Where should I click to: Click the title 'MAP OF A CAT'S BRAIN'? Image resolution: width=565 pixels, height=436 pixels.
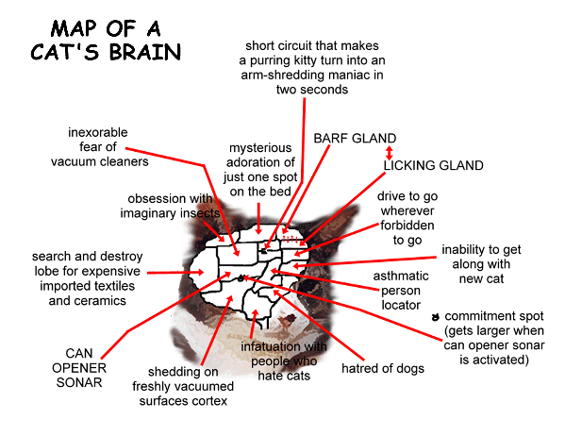point(106,40)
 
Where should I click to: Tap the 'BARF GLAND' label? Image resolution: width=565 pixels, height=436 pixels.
point(355,139)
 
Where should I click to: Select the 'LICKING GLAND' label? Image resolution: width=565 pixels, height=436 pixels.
point(434,165)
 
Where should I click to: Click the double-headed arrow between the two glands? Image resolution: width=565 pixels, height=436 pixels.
point(389,153)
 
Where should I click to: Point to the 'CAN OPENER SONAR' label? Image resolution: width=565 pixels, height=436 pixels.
point(79,368)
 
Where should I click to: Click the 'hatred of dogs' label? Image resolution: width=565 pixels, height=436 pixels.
point(383,369)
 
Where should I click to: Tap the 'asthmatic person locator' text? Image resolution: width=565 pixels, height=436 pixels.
point(401,291)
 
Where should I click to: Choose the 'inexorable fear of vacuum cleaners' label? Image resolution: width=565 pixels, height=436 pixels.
point(99,147)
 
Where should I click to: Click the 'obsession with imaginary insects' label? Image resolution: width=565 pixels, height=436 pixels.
point(170,206)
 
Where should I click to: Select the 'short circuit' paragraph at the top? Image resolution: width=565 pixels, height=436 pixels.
point(312,68)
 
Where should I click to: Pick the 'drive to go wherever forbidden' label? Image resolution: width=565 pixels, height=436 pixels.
point(407,218)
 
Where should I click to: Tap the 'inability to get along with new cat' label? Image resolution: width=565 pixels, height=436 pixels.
point(481,264)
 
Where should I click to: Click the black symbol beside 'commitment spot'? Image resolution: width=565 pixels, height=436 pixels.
point(436,317)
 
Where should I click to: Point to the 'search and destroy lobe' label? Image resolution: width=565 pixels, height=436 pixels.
point(87,278)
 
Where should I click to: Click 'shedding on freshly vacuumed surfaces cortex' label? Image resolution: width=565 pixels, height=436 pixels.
point(183,386)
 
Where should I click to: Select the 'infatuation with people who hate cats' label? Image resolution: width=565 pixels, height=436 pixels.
point(284,361)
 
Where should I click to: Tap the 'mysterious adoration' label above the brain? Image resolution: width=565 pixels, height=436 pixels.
point(260,170)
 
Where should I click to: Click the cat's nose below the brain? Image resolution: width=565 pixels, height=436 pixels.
point(289,318)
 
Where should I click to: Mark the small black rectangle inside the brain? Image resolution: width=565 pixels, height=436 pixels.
point(264,251)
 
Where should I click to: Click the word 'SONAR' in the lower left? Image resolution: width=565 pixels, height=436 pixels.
point(79,382)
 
